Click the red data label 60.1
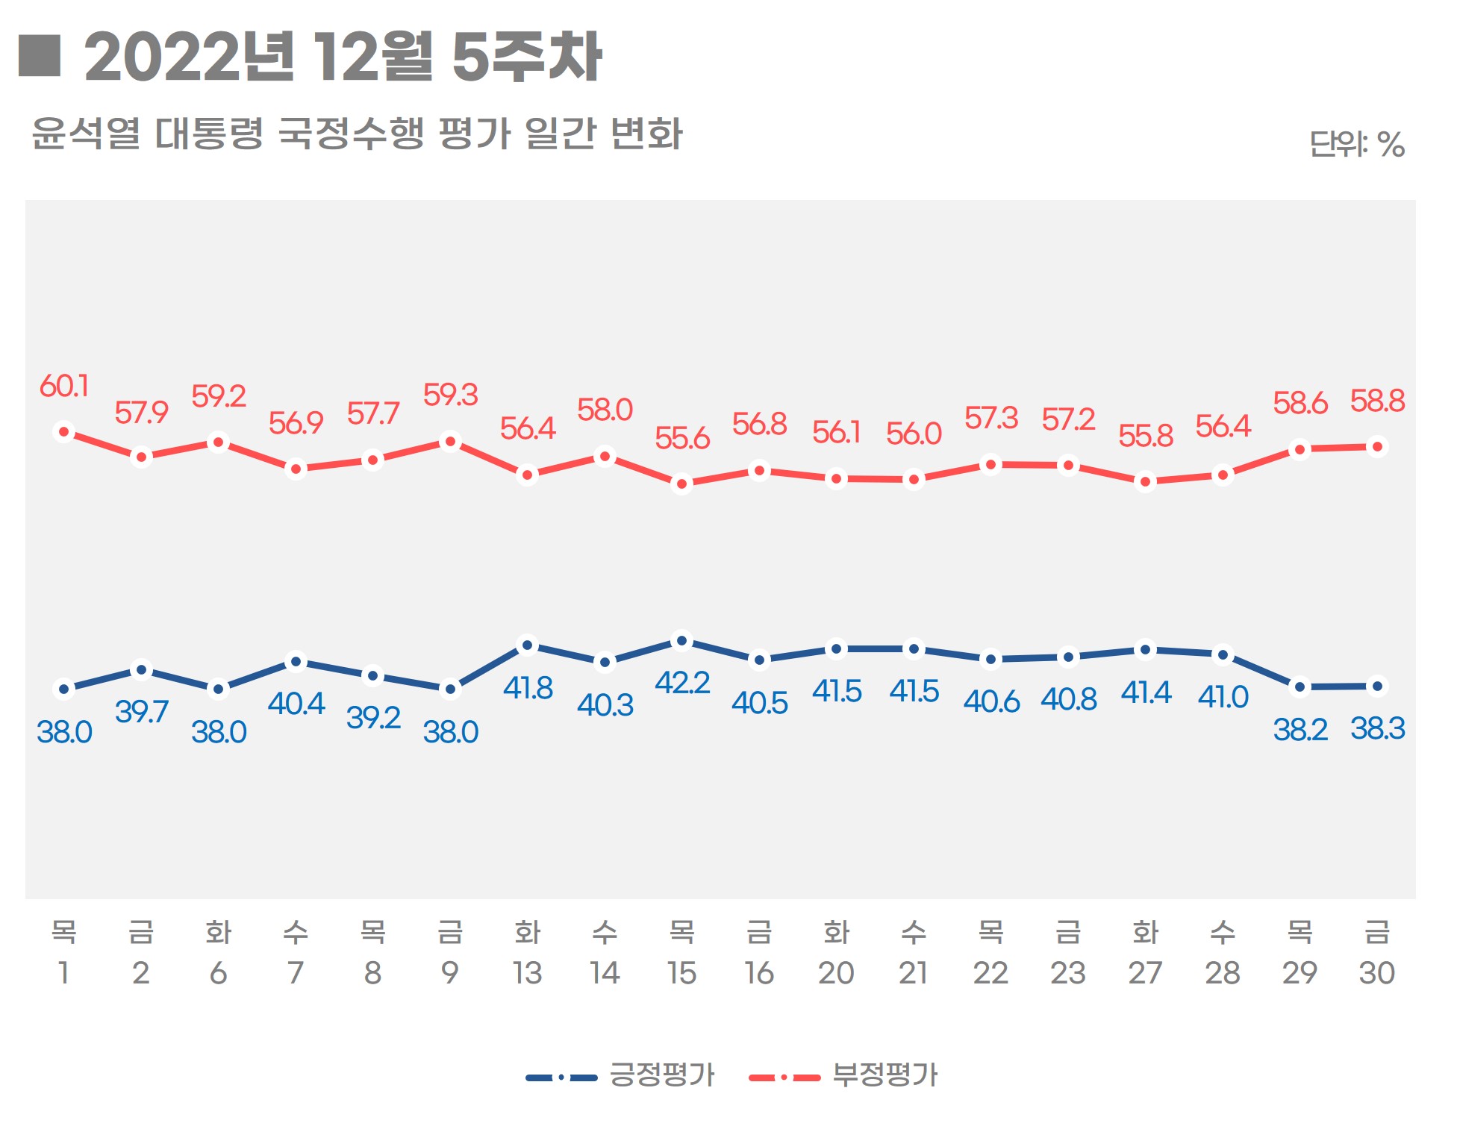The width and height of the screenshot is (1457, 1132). tap(64, 387)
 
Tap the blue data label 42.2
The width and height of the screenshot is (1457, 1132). tap(682, 684)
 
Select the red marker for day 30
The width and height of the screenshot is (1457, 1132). tap(1377, 447)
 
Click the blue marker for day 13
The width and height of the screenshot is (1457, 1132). tap(528, 645)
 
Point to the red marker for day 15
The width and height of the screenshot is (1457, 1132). tap(681, 484)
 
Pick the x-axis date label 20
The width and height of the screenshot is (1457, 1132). tap(836, 973)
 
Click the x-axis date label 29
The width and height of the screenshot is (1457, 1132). tap(1300, 973)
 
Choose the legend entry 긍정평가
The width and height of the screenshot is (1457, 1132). tap(661, 1075)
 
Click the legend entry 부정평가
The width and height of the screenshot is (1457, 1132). tap(885, 1075)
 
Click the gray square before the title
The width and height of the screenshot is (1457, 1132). tap(39, 56)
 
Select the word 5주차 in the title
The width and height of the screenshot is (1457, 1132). tap(527, 57)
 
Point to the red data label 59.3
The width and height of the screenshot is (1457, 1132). tap(450, 395)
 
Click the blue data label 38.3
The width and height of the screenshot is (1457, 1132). tap(1377, 729)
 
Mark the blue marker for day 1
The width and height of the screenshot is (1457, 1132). tap(64, 689)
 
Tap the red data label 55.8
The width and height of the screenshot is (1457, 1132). tap(1146, 437)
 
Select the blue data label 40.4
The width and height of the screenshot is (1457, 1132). tap(296, 704)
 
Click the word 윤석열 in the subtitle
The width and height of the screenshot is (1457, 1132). tap(86, 134)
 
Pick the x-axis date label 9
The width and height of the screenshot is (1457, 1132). tap(450, 973)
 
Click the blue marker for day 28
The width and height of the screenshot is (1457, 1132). tap(1223, 655)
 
